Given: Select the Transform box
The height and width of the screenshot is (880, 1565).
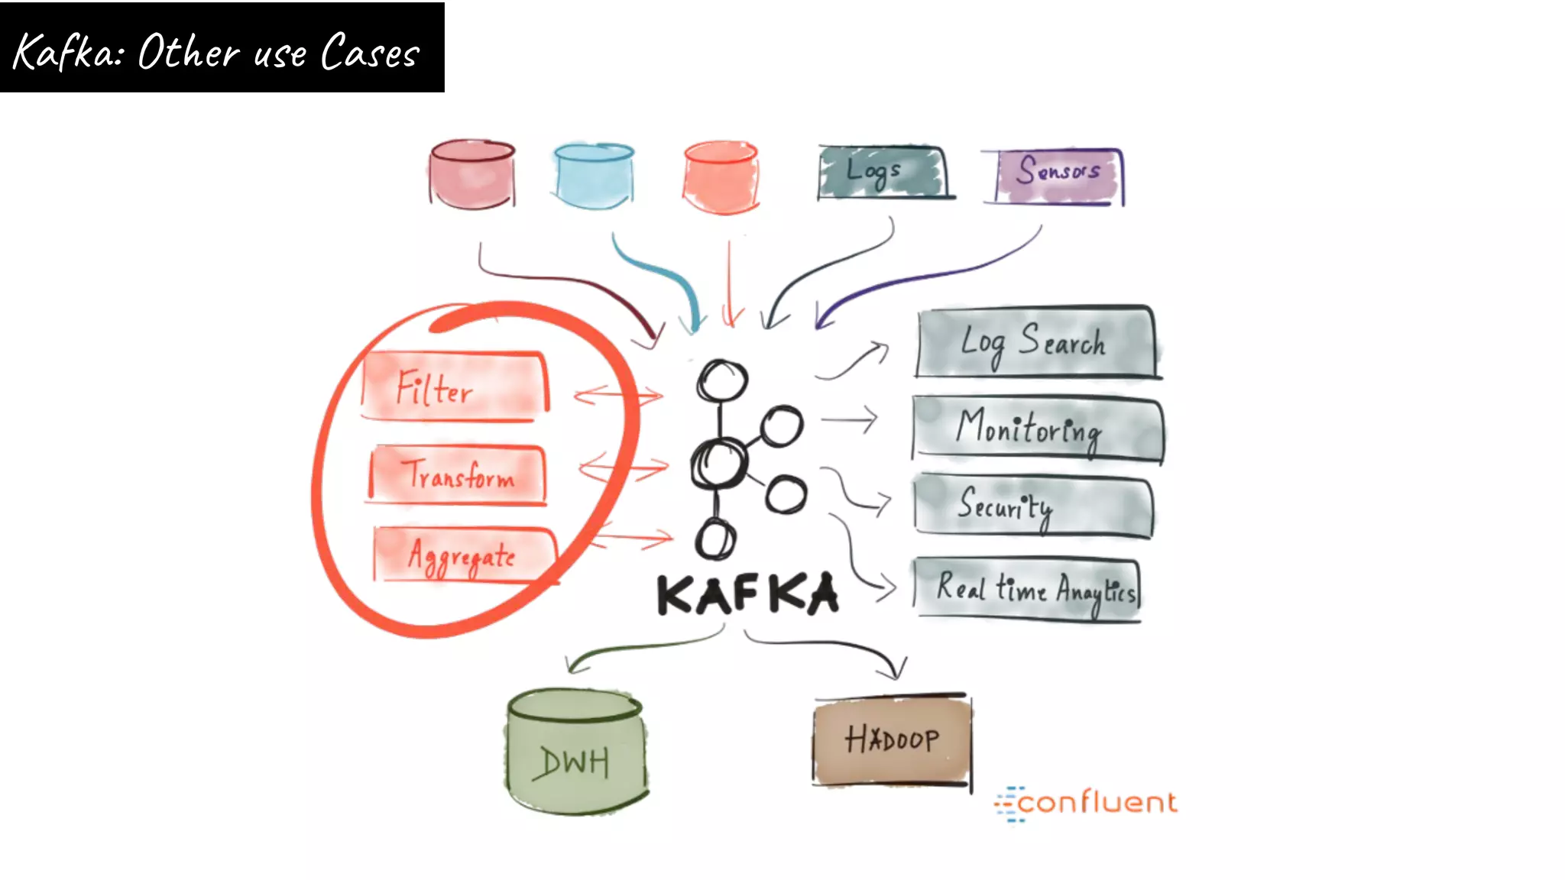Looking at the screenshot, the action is [458, 475].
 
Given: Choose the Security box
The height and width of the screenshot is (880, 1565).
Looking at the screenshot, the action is [1032, 506].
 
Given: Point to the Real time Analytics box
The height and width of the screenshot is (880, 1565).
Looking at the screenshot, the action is [1027, 589].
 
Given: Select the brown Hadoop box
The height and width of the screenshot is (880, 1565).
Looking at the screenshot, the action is [892, 739].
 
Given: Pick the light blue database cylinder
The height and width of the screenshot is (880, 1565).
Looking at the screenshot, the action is [595, 175].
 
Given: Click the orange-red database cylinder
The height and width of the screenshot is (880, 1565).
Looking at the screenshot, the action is [721, 176].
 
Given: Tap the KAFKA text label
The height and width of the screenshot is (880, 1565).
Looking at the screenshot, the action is [747, 595].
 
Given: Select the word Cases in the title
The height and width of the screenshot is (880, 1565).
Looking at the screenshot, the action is [370, 53].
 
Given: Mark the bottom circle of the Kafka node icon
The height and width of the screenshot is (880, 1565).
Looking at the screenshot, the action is [715, 540].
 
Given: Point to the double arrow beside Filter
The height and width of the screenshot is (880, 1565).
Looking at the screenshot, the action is [618, 395].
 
